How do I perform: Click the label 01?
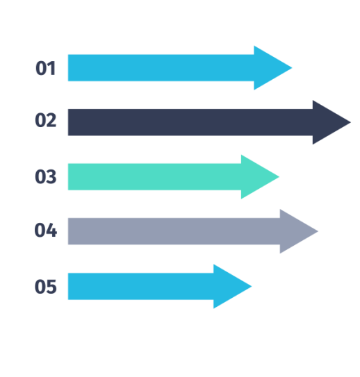45,68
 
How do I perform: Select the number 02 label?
46,120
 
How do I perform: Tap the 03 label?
46,177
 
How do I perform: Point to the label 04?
46,230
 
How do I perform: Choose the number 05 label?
46,286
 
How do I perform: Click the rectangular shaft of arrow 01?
161,68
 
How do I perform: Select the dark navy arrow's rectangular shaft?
190,122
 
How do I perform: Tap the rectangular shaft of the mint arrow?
155,177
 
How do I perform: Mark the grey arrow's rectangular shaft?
174,231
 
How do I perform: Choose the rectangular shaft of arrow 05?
141,286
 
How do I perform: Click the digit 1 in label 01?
51,68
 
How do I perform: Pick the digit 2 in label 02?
51,119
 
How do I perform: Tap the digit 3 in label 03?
51,177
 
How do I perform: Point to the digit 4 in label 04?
51,230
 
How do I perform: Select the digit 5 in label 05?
51,287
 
